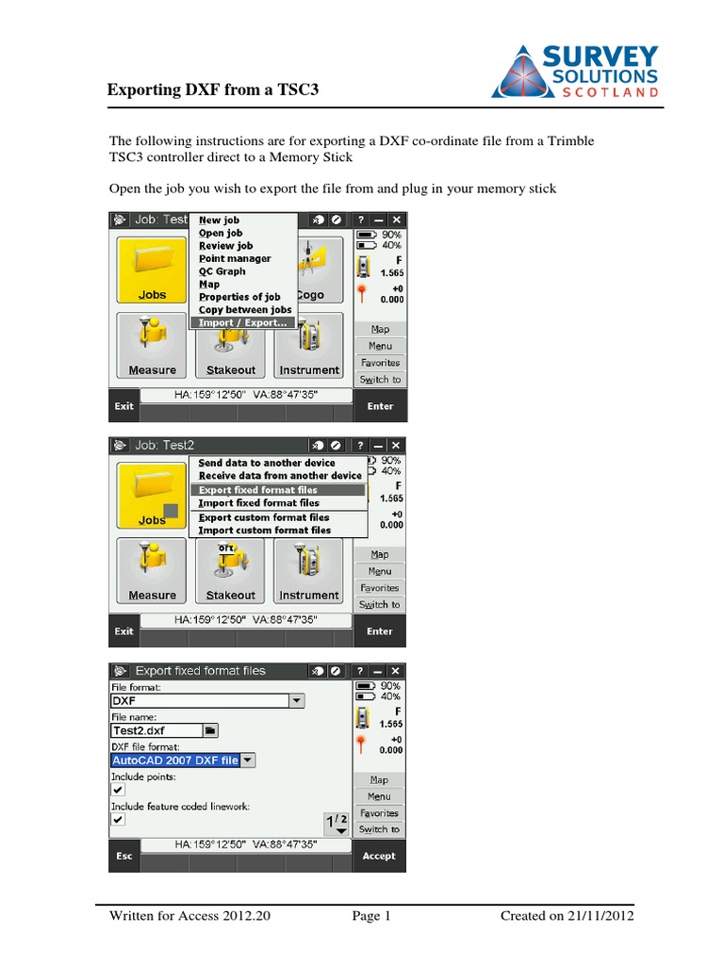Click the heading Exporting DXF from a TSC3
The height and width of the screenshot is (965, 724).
[214, 90]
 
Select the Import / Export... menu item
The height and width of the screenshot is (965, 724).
[243, 322]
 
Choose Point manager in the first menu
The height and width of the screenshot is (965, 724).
[235, 258]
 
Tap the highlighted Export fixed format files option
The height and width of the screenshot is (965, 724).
[258, 490]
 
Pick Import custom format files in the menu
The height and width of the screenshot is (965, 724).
[264, 531]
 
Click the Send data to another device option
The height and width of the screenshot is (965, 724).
[266, 463]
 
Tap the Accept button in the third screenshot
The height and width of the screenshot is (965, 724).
[379, 856]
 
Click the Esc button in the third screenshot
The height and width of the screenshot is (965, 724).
[124, 856]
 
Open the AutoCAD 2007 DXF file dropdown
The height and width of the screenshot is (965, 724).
[248, 760]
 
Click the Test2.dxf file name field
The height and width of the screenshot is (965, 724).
[156, 729]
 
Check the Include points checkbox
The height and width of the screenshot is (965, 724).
[118, 790]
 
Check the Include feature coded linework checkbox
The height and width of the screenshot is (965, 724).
[118, 819]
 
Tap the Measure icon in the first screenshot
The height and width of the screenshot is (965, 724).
[152, 347]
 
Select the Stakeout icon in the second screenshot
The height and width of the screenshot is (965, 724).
[231, 571]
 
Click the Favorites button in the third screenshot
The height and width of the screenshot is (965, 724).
[379, 812]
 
